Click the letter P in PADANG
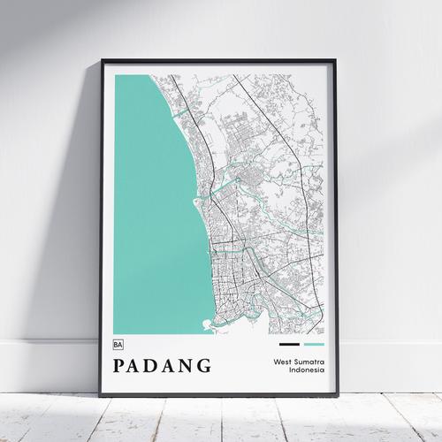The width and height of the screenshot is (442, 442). pyautogui.click(x=120, y=365)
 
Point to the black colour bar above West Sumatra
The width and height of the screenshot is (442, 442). pyautogui.click(x=289, y=344)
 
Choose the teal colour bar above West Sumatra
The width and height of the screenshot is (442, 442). pyautogui.click(x=314, y=344)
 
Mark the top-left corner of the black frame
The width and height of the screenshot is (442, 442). pyautogui.click(x=103, y=61)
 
